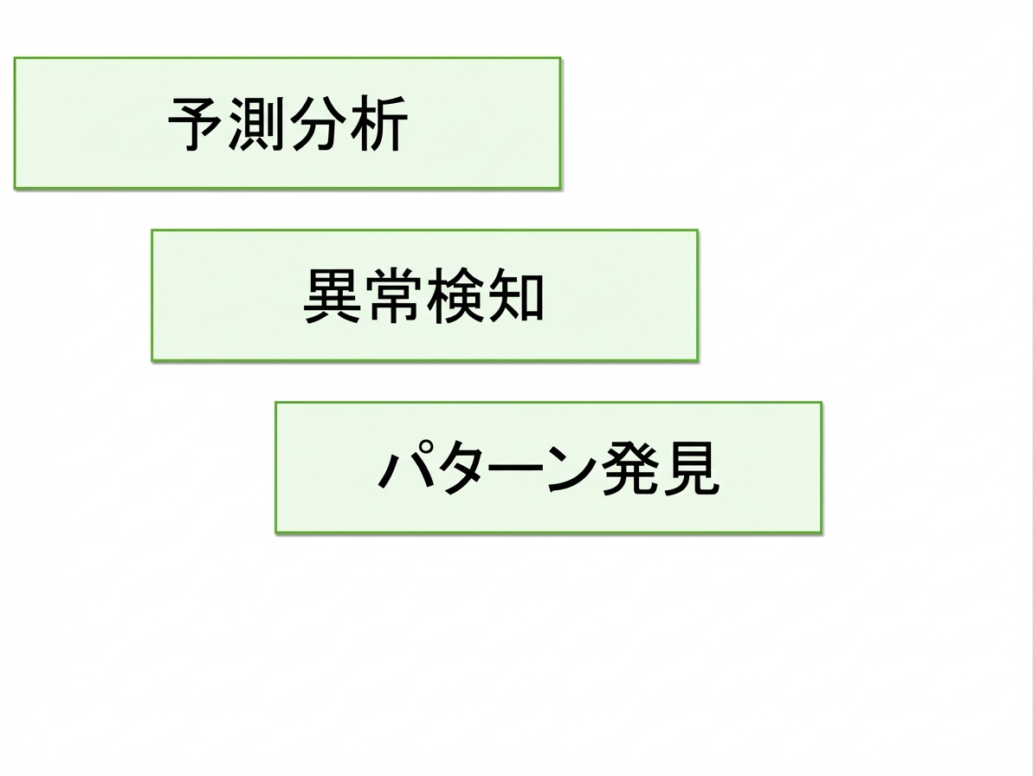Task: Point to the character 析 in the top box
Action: (378, 124)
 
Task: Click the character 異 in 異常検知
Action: (332, 296)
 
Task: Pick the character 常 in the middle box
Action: (393, 296)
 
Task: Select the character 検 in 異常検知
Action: (455, 296)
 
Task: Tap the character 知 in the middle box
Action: (515, 296)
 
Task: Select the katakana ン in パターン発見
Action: (571, 469)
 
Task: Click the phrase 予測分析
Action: (287, 124)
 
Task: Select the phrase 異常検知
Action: (423, 296)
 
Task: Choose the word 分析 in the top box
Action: (348, 124)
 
